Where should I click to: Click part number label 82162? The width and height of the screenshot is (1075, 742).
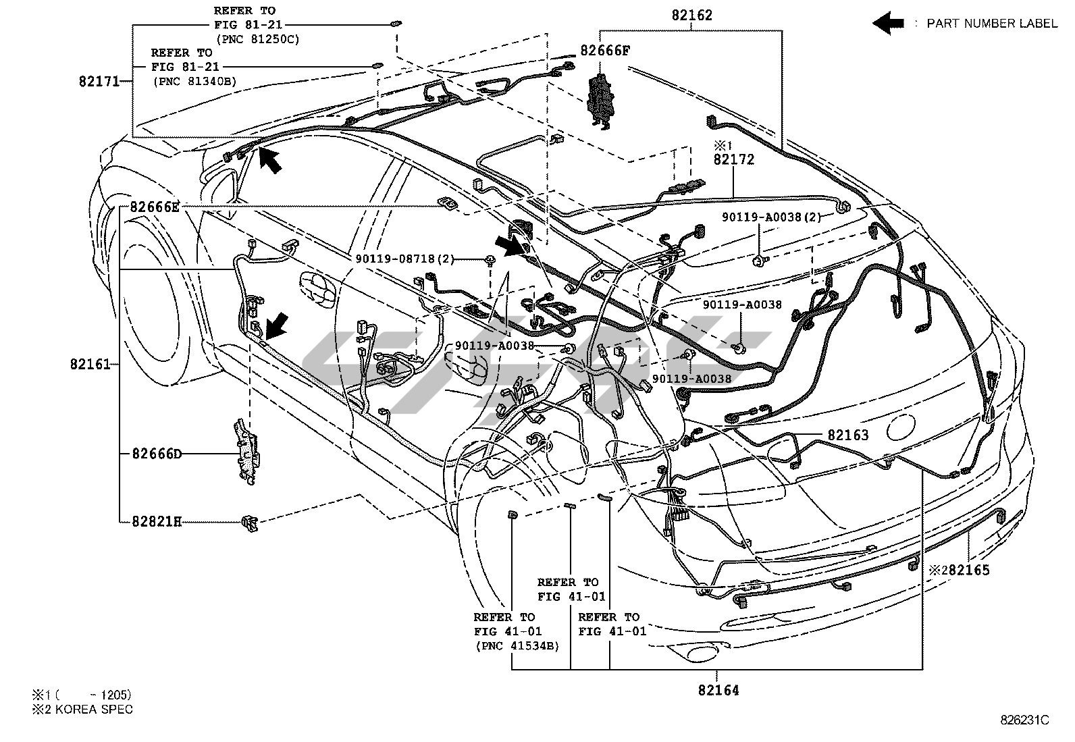click(692, 15)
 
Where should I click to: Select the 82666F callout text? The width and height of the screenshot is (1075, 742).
click(605, 50)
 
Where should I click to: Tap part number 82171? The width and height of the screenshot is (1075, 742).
click(99, 82)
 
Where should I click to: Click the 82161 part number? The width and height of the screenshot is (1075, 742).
click(89, 365)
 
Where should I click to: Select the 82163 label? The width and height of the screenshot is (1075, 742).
click(848, 435)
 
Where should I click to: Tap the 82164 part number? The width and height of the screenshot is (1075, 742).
click(718, 690)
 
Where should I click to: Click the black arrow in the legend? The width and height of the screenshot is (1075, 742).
click(888, 23)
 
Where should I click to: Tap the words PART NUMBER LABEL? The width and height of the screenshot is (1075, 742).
click(991, 24)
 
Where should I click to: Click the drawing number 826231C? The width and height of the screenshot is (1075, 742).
click(1024, 720)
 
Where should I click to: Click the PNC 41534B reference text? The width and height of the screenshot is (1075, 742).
click(517, 645)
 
